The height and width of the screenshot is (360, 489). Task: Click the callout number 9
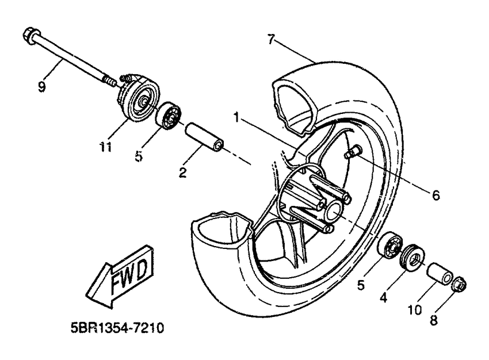[41, 87]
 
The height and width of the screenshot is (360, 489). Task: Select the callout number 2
[182, 171]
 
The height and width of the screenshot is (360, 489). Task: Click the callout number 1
[236, 117]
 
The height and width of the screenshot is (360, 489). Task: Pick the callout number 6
[435, 196]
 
